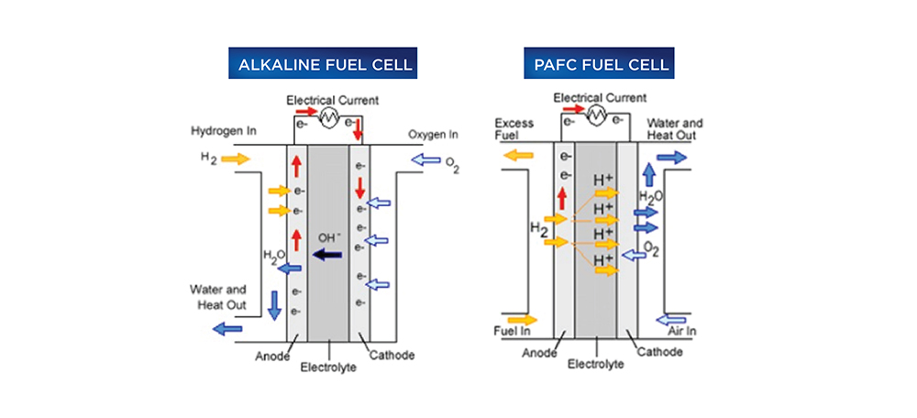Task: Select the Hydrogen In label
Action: (x=226, y=130)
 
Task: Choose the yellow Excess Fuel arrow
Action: (x=519, y=156)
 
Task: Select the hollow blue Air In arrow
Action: (x=671, y=318)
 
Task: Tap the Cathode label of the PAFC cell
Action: (x=660, y=351)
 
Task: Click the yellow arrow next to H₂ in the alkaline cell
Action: (x=236, y=159)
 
